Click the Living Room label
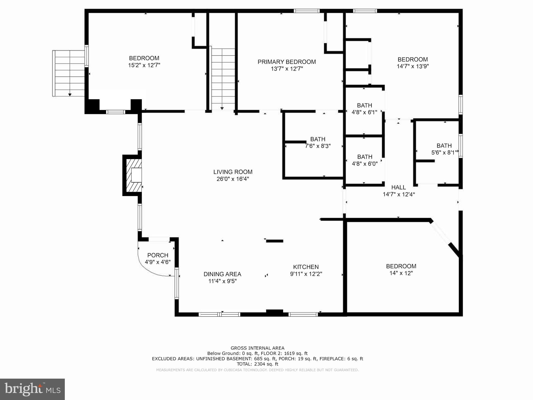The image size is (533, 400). tap(233, 172)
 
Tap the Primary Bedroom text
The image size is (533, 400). tap(287, 62)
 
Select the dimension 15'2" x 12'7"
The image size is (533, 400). tap(144, 65)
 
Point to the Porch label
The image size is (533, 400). tap(158, 255)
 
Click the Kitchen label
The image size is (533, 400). tap(306, 267)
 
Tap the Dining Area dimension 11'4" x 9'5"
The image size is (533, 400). tap(222, 281)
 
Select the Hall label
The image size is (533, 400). tap(398, 187)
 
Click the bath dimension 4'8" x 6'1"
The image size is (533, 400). tap(364, 112)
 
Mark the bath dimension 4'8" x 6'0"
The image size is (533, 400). tap(365, 164)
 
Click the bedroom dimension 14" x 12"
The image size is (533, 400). tap(401, 273)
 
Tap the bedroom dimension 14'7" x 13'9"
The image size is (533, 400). tap(413, 66)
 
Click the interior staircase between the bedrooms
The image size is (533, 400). tap(223, 78)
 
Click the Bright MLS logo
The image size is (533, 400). tap(32, 389)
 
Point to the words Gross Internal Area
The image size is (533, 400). tap(257, 348)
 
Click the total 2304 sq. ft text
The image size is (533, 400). tap(257, 364)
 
